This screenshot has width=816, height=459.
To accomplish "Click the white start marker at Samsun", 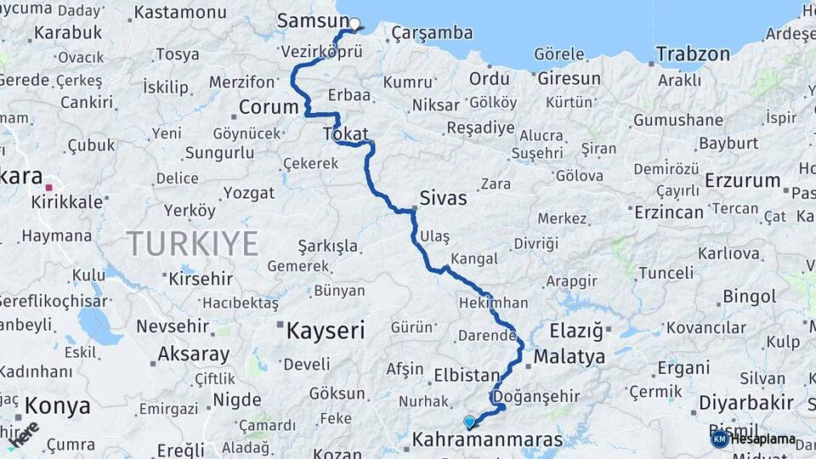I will (x=354, y=24).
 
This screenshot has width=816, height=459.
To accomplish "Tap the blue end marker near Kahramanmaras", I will (x=468, y=421).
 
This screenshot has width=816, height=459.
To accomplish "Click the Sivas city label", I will (x=443, y=198).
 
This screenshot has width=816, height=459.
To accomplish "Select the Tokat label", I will (x=345, y=133).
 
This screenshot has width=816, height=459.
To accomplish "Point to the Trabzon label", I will (x=693, y=54).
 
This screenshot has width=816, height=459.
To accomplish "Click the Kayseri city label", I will (x=325, y=330).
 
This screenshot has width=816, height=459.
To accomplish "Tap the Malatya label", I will (x=569, y=356).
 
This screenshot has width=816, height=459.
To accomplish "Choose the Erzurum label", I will (x=742, y=180).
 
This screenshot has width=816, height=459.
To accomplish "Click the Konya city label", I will (x=57, y=405).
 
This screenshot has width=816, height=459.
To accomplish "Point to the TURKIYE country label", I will (x=193, y=244).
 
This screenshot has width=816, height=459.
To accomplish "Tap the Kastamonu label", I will (x=179, y=13).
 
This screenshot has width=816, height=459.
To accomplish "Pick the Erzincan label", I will (x=668, y=212).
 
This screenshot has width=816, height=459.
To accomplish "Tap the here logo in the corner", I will (x=23, y=434).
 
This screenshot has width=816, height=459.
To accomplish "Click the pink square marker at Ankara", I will (x=50, y=187).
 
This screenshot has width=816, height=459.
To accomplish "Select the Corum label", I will (x=268, y=108).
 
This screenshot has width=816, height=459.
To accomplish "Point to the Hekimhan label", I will (x=493, y=303).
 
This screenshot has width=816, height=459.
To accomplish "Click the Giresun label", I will (x=569, y=78).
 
